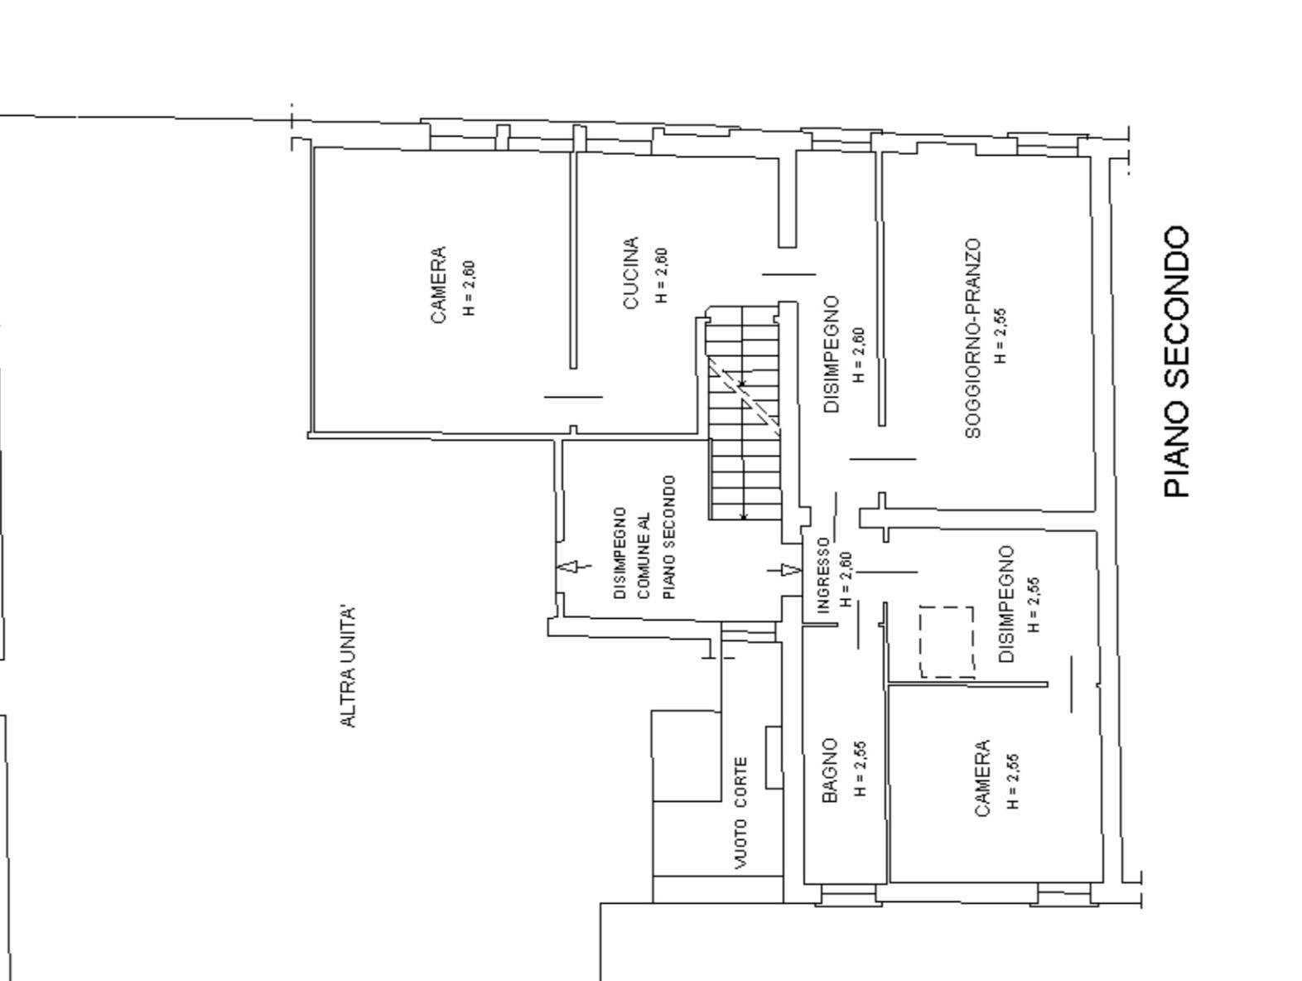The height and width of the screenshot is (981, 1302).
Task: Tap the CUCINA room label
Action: coord(630,273)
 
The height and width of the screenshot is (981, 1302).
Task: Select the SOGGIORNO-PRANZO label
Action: coord(973,338)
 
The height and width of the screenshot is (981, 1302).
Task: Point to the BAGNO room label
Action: coord(830,771)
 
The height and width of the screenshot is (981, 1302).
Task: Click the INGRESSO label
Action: coord(822,575)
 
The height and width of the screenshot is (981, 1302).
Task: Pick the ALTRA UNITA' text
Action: coord(348,666)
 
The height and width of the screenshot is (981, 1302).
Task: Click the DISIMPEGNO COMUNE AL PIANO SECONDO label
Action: coord(644,538)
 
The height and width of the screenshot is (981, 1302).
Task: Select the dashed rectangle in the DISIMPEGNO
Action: coord(946,641)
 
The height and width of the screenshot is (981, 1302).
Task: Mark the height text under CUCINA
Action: coord(662,275)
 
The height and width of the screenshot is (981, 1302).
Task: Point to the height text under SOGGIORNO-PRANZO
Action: coord(1001,335)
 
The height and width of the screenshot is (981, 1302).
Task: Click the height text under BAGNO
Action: coord(861,768)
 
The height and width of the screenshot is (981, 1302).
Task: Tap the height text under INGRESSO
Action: coord(846,579)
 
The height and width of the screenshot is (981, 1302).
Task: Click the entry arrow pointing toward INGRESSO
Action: coord(784,570)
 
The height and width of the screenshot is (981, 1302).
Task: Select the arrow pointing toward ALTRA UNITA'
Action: coord(574,567)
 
